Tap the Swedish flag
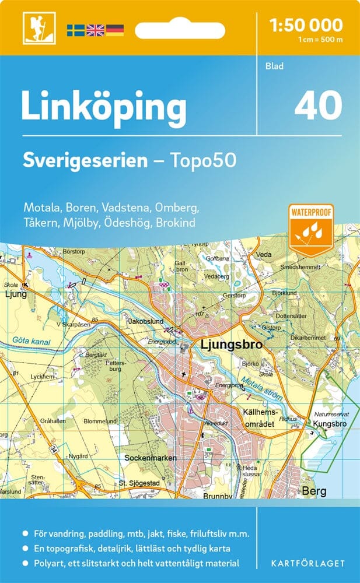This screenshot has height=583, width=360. [75, 30]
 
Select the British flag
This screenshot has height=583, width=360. [95, 30]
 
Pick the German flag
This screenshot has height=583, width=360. [115, 30]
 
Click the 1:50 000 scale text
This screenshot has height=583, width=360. [306, 25]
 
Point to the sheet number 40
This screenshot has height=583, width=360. [318, 106]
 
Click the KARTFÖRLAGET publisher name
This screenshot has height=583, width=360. [309, 564]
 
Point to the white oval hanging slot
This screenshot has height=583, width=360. [187, 29]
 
